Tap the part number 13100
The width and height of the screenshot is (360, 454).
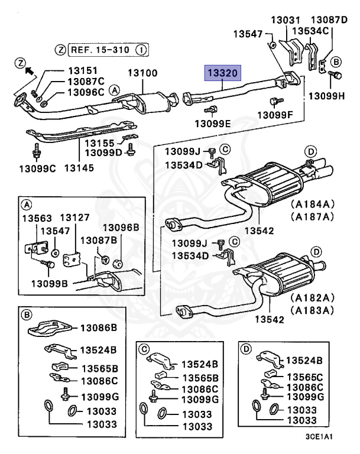pos(143,74)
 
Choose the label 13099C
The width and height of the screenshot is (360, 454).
pos(36,168)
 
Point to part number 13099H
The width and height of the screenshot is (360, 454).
pos(327,95)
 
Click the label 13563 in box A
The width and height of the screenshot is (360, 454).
pos(37,218)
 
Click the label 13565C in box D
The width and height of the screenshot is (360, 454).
pos(304,377)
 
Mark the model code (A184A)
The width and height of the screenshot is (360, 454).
pos(312,204)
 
